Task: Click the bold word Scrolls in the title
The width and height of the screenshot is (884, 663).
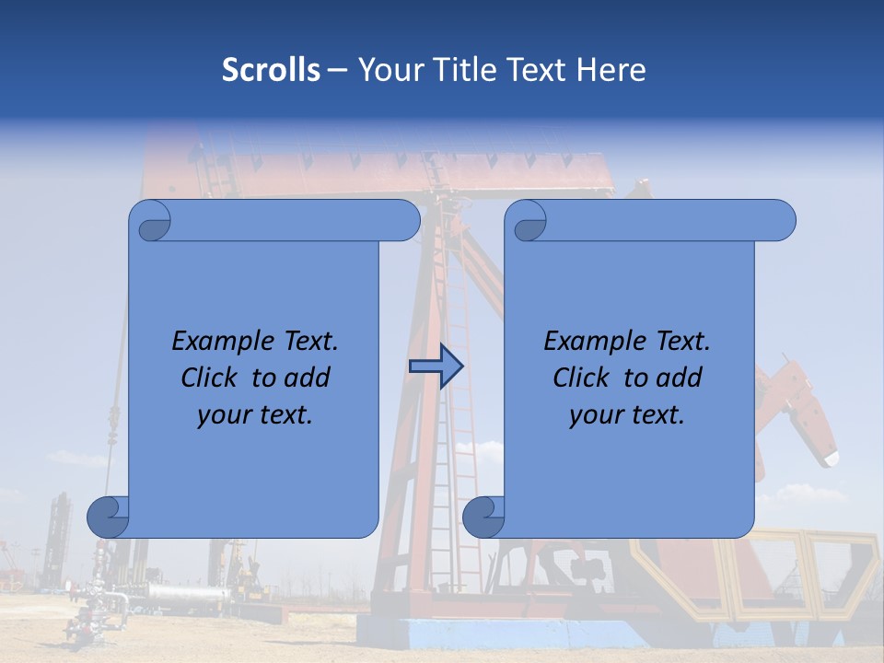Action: coord(271,70)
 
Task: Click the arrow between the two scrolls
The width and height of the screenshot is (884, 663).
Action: coord(436,366)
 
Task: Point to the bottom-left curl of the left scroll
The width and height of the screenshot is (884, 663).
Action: coord(107,517)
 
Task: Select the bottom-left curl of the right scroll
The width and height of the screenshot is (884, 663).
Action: coord(483,517)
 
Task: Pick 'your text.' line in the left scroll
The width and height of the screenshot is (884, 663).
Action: coord(255,414)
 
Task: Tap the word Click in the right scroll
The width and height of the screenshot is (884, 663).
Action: coord(581,378)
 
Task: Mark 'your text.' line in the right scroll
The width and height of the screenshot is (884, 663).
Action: coord(627,414)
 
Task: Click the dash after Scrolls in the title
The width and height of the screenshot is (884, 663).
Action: coord(338,70)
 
